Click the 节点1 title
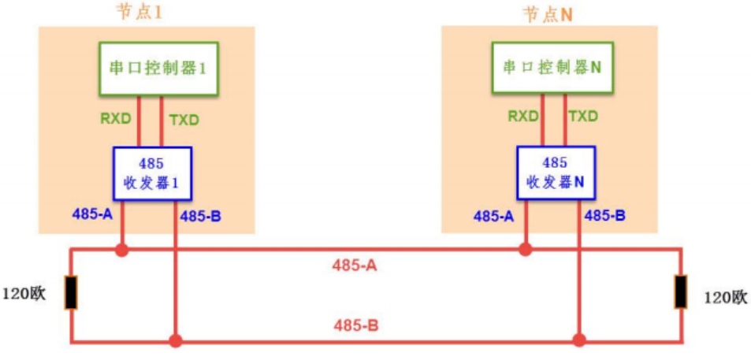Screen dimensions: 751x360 click(x=147, y=13)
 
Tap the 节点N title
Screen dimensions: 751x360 click(x=547, y=13)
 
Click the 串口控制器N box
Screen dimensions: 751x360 click(x=552, y=69)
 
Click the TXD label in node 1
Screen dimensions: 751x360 click(x=184, y=120)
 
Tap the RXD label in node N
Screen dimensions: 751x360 click(x=523, y=117)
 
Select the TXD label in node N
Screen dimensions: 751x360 click(x=583, y=117)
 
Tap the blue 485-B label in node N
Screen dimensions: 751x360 click(x=604, y=215)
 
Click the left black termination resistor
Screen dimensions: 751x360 click(x=71, y=293)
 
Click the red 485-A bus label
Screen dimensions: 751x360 click(x=355, y=265)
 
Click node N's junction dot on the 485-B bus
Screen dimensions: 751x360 click(x=579, y=341)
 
